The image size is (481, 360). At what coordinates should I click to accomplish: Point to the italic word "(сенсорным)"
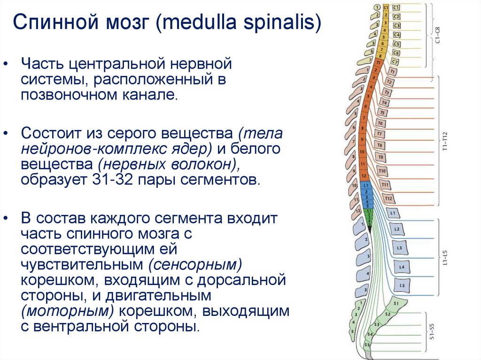coord(194,264)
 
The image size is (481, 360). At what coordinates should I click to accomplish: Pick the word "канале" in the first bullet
coord(155,95)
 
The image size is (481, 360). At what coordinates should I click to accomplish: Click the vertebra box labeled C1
coord(396,8)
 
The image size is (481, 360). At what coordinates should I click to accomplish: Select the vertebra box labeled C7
coord(395,61)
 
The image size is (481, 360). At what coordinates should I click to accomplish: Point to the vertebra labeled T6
coord(380,123)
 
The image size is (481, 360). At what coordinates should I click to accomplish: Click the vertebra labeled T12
coord(388,199)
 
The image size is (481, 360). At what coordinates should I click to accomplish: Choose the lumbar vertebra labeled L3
coord(399,247)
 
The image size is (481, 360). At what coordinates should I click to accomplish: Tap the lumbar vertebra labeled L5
coord(401,285)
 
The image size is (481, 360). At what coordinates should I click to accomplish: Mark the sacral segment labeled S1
coord(396,303)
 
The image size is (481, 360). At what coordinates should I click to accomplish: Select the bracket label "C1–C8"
coord(438,35)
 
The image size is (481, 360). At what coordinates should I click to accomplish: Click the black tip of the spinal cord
coord(369,228)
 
